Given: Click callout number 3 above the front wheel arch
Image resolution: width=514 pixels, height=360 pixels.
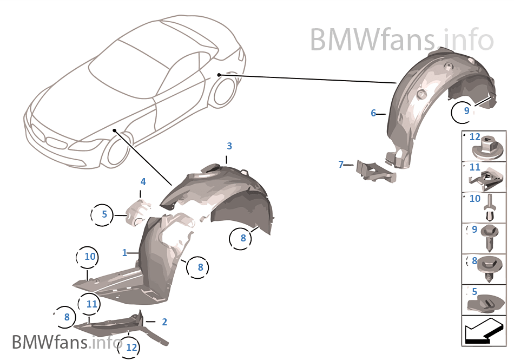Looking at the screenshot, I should pyautogui.click(x=229, y=146).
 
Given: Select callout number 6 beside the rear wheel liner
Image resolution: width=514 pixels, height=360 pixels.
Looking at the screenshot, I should pyautogui.click(x=373, y=113).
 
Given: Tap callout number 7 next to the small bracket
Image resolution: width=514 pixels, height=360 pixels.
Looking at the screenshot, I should pyautogui.click(x=341, y=164).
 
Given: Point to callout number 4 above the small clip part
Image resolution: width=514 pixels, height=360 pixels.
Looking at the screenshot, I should pyautogui.click(x=143, y=181).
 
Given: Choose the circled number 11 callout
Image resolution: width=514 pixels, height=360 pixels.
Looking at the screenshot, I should pyautogui.click(x=91, y=304).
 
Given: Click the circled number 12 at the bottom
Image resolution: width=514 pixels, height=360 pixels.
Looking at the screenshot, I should pyautogui.click(x=132, y=348).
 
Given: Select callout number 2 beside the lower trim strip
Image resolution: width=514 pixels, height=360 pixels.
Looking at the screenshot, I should pyautogui.click(x=164, y=322).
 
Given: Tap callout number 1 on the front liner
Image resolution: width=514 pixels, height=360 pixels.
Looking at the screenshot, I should pyautogui.click(x=125, y=253).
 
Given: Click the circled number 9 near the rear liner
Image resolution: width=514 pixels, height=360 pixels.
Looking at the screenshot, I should pyautogui.click(x=466, y=111).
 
